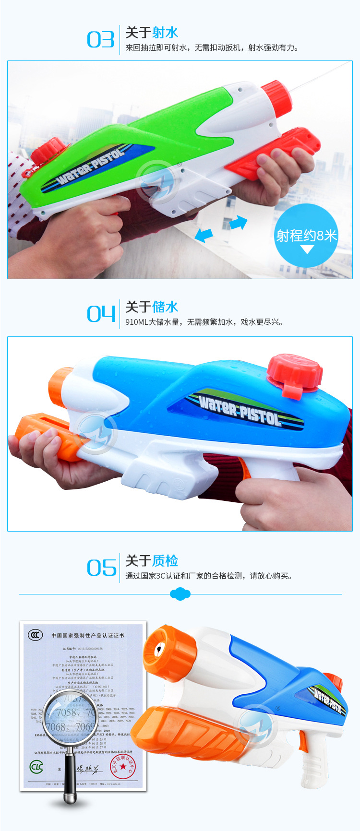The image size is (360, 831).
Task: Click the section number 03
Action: [100, 40]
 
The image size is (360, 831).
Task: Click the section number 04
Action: [101, 314]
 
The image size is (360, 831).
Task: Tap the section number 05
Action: [101, 568]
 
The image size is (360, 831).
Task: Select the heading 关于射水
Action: [152, 33]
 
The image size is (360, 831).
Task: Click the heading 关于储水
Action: [152, 307]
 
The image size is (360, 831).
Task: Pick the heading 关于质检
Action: [152, 560]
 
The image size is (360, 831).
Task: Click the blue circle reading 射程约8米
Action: [306, 236]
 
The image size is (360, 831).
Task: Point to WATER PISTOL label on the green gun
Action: [91, 166]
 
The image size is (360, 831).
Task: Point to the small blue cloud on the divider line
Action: [180, 594]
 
